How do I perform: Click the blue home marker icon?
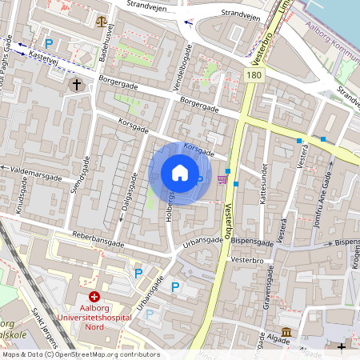[180, 173]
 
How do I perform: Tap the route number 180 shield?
[254, 74]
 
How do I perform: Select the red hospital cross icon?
[94, 296]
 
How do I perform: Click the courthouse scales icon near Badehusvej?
[101, 22]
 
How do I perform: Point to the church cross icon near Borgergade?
[77, 84]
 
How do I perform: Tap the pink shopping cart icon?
[222, 179]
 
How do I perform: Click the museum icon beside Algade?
[286, 332]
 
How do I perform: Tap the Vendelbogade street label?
[180, 77]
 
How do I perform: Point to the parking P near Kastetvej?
[49, 43]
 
